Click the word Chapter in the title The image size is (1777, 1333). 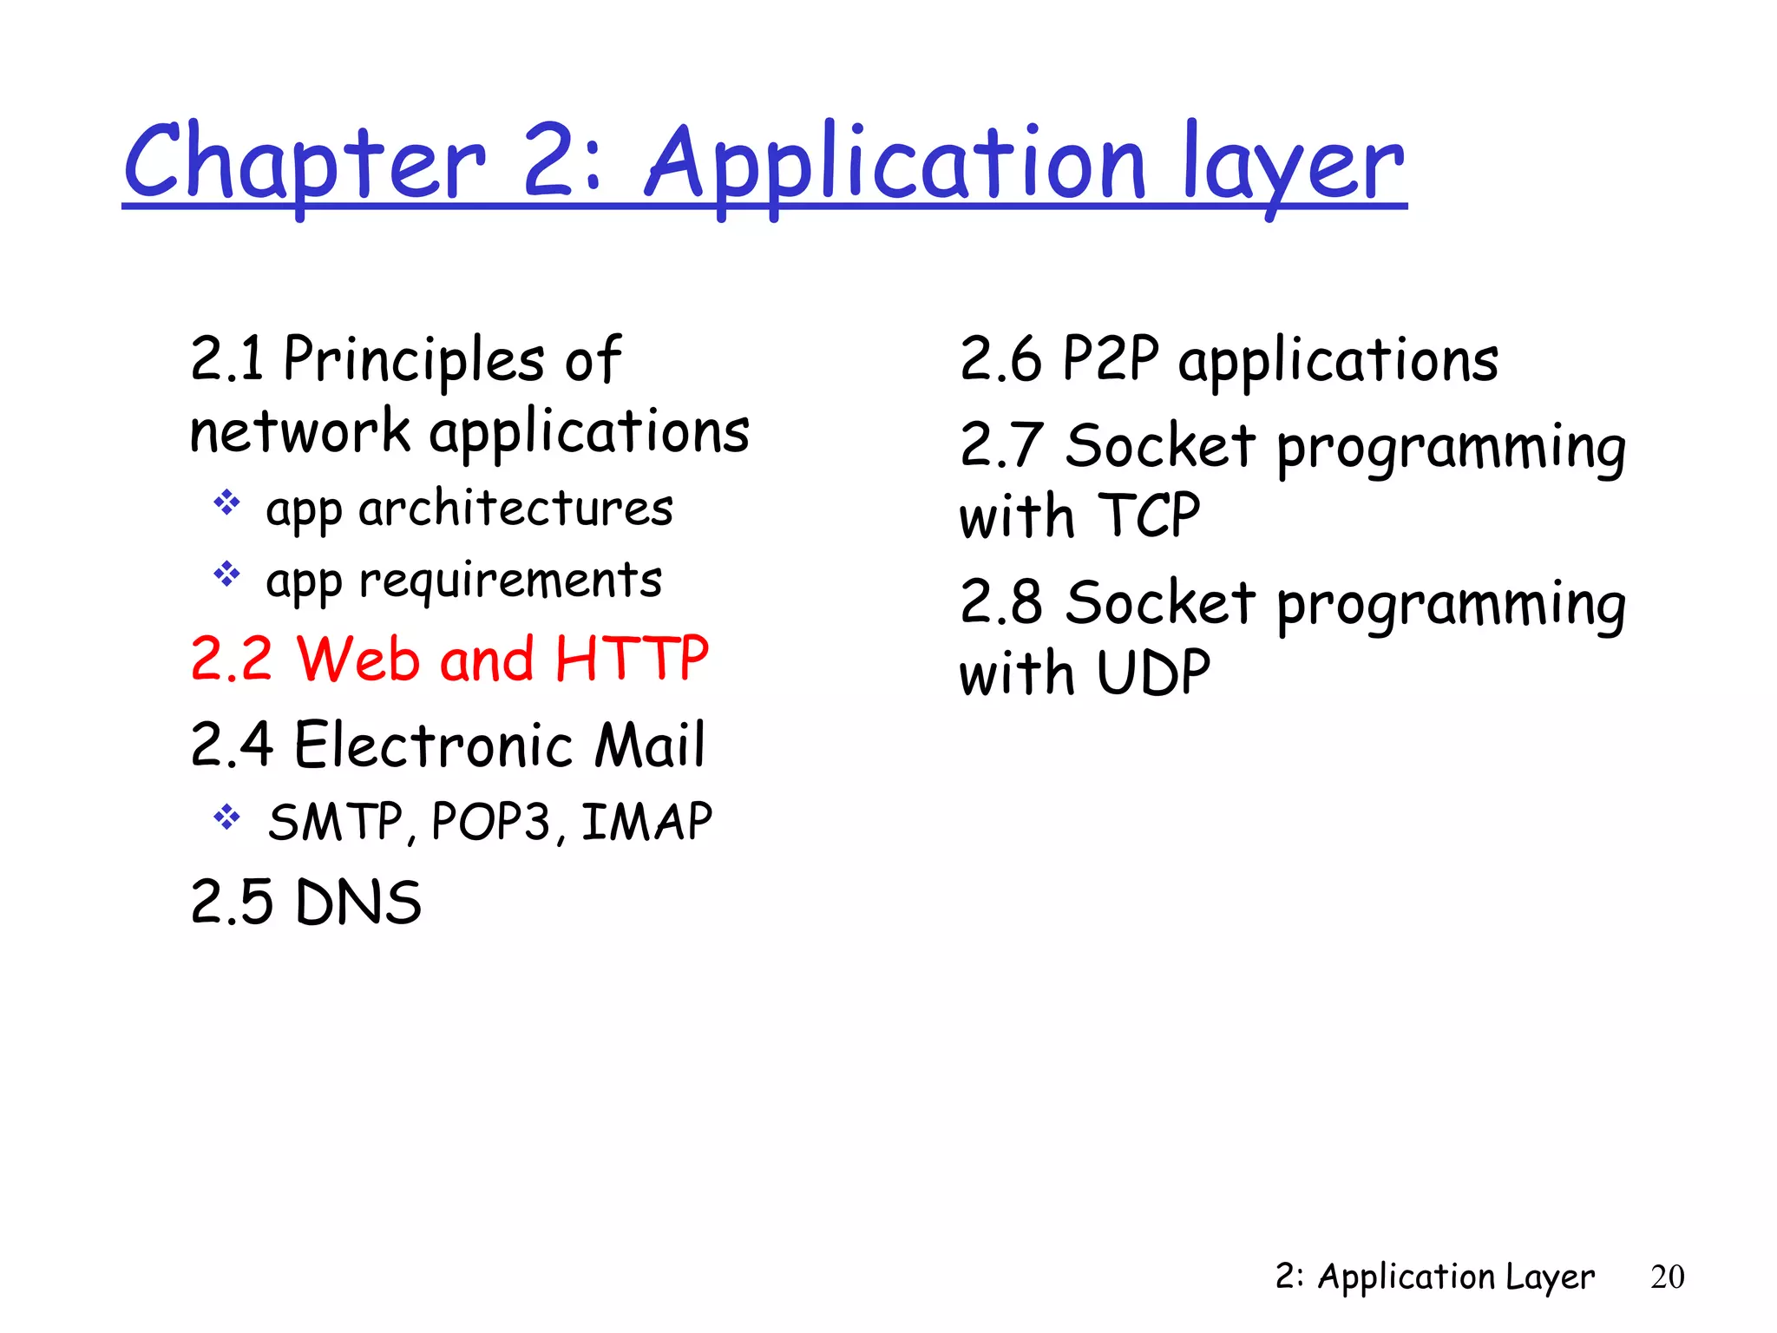tap(305, 163)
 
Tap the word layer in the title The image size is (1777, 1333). tap(1292, 165)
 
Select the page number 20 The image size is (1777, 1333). tap(1667, 1277)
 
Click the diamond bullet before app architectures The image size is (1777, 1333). tap(226, 503)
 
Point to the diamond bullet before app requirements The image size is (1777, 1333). tap(226, 575)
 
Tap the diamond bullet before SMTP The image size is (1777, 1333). tap(226, 818)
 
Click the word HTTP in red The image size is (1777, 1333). tap(632, 659)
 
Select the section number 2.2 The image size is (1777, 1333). tap(231, 659)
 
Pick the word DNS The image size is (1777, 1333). tap(357, 903)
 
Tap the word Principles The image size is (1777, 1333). tap(414, 359)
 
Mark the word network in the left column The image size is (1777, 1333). tap(299, 431)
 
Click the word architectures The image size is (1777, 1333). tap(515, 509)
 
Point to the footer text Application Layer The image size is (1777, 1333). tap(1455, 1277)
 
